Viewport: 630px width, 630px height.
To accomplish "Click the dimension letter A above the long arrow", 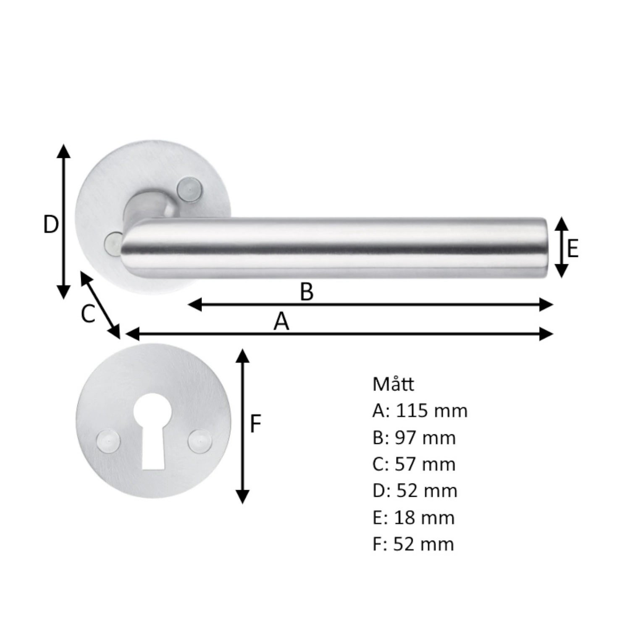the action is pos(281,322).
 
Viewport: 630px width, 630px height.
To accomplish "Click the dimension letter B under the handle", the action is pos(307,291).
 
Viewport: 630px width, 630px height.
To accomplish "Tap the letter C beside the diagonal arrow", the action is pos(88,314).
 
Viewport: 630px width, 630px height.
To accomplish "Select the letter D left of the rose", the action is pos(51,224).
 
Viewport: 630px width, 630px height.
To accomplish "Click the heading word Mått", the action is pos(393,384).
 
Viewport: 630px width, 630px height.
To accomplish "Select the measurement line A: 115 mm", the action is pos(420,410).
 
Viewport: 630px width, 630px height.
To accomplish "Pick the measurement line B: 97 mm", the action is pos(414,437).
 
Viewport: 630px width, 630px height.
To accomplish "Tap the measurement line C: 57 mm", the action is pos(414,464).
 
